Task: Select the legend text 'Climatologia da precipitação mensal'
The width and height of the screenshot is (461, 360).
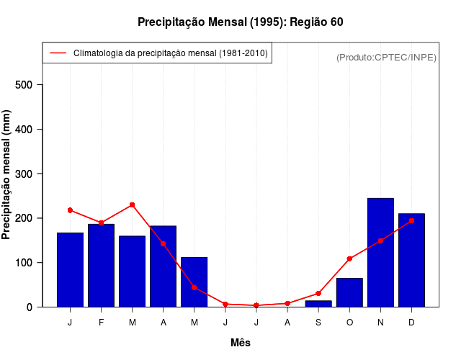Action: pos(171,53)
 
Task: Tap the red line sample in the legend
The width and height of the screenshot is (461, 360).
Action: pos(58,53)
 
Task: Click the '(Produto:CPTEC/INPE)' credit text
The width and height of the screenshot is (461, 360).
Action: pos(386,58)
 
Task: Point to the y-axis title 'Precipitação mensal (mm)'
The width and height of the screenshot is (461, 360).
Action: pos(7,174)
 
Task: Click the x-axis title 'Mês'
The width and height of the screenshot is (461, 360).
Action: pos(241,343)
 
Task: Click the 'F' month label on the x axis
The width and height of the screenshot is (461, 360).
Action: pos(101,323)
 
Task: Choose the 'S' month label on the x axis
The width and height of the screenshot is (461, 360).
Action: pos(318,323)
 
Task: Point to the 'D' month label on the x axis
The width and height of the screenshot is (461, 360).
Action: pos(411,323)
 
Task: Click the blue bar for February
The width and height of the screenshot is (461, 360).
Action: pos(101,265)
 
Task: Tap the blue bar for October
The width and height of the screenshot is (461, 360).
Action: pos(349,292)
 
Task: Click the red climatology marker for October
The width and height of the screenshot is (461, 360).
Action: pos(349,258)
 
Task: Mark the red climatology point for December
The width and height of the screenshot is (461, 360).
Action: pos(411,220)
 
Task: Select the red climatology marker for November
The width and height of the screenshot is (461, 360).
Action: pos(380,240)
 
